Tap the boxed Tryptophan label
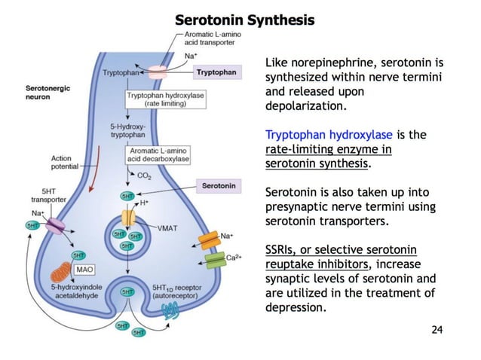[216, 72]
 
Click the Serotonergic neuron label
[47, 93]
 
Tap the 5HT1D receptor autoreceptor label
[179, 291]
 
